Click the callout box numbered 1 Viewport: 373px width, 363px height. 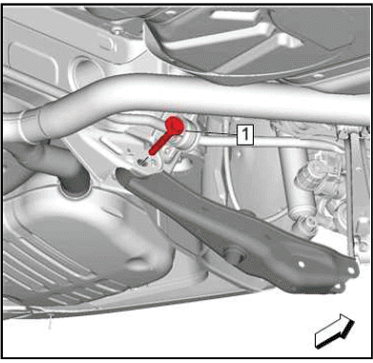click(245, 135)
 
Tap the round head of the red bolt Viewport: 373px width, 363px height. click(175, 125)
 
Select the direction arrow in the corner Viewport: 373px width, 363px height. click(334, 331)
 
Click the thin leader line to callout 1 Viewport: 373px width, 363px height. click(210, 132)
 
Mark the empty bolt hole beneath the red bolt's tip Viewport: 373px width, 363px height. click(141, 163)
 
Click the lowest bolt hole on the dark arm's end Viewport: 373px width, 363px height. click(338, 287)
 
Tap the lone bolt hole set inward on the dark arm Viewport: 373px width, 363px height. click(300, 264)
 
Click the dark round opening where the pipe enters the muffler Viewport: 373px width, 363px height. click(74, 186)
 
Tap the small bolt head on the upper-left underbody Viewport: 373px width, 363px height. click(118, 30)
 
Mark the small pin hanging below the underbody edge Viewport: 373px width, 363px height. click(50, 321)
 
